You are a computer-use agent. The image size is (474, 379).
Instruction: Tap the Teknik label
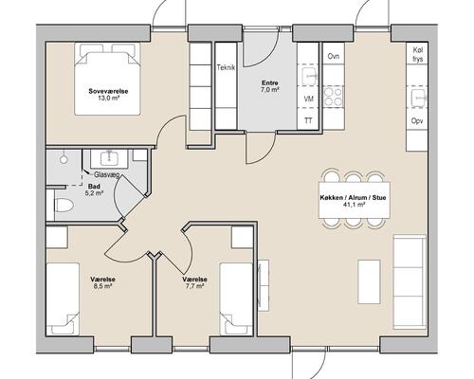pos(226,67)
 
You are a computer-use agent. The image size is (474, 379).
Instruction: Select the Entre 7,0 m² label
pos(270,86)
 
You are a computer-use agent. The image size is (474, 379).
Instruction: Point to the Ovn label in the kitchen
pos(334,56)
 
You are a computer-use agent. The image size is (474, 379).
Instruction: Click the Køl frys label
pos(418,54)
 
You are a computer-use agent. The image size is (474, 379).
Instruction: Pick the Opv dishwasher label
pos(417,120)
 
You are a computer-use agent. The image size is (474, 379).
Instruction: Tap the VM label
pos(308,99)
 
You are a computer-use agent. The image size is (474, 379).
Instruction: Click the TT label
pos(308,120)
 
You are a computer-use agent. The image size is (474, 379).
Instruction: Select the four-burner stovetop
pos(334,96)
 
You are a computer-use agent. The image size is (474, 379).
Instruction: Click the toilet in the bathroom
pos(64,206)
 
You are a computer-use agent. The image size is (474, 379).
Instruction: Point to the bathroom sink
pos(109,158)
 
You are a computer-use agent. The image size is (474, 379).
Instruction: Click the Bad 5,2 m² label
pos(95,189)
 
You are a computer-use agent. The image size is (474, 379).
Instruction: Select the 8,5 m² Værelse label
pos(102,282)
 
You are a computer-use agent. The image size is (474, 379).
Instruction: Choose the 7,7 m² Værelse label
pos(194,282)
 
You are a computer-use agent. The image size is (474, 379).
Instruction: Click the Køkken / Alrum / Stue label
pos(353,201)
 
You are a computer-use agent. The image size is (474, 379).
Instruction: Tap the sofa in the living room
pos(410,281)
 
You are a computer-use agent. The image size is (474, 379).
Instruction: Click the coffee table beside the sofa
pos(369,281)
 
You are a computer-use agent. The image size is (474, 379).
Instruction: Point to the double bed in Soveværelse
pos(107,79)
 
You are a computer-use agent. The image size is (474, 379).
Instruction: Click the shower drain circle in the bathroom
pos(64,159)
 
